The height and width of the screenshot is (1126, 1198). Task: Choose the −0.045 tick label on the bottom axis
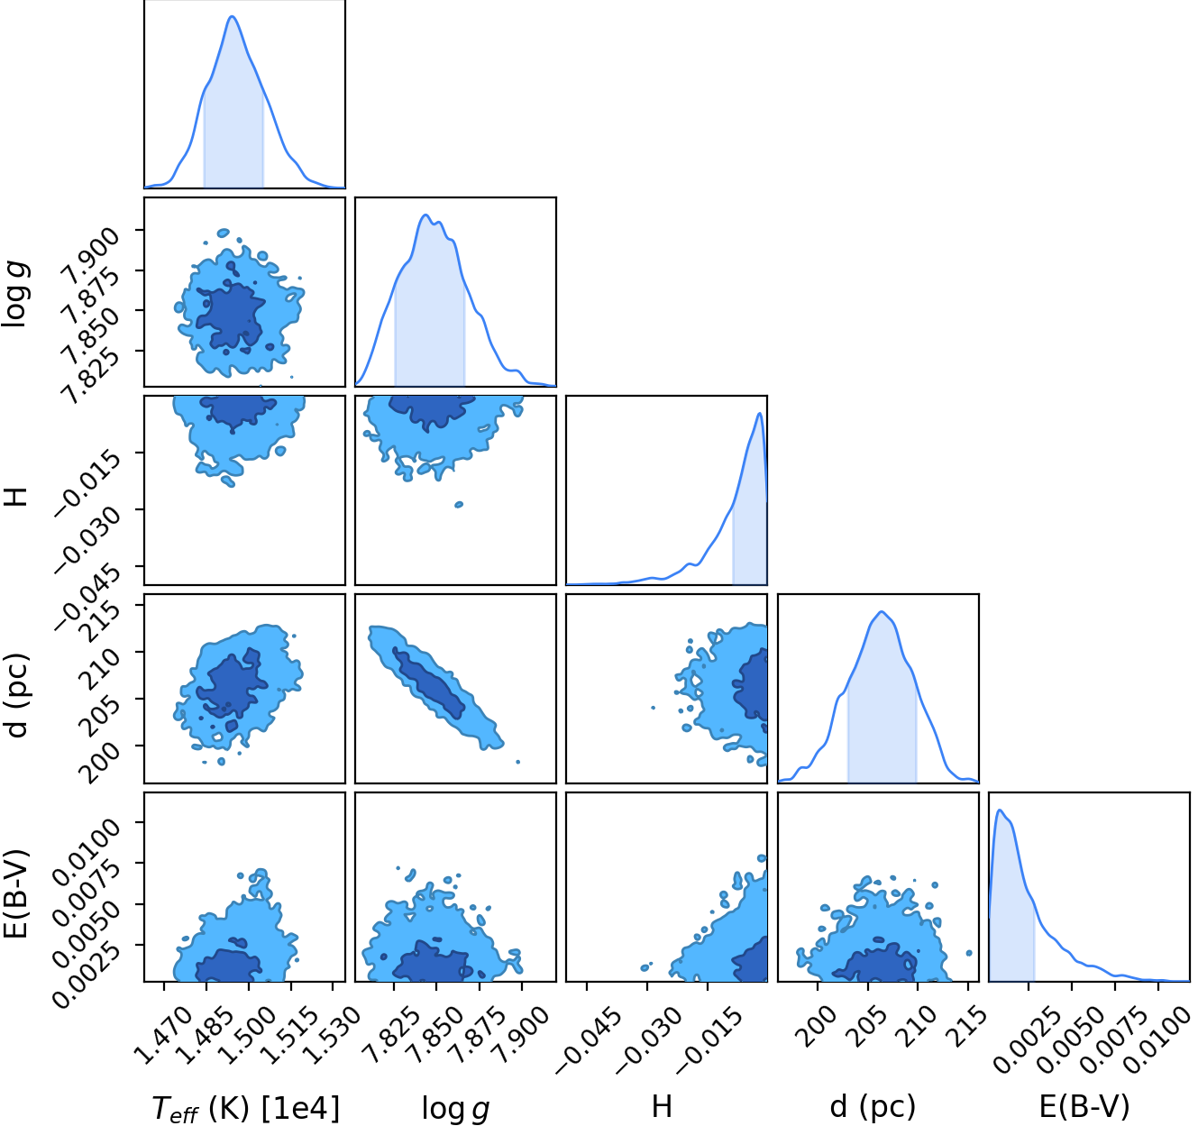tap(588, 1040)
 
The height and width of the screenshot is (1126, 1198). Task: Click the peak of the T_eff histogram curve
tap(233, 16)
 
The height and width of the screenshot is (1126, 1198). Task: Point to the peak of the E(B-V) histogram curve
tap(1000, 810)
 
